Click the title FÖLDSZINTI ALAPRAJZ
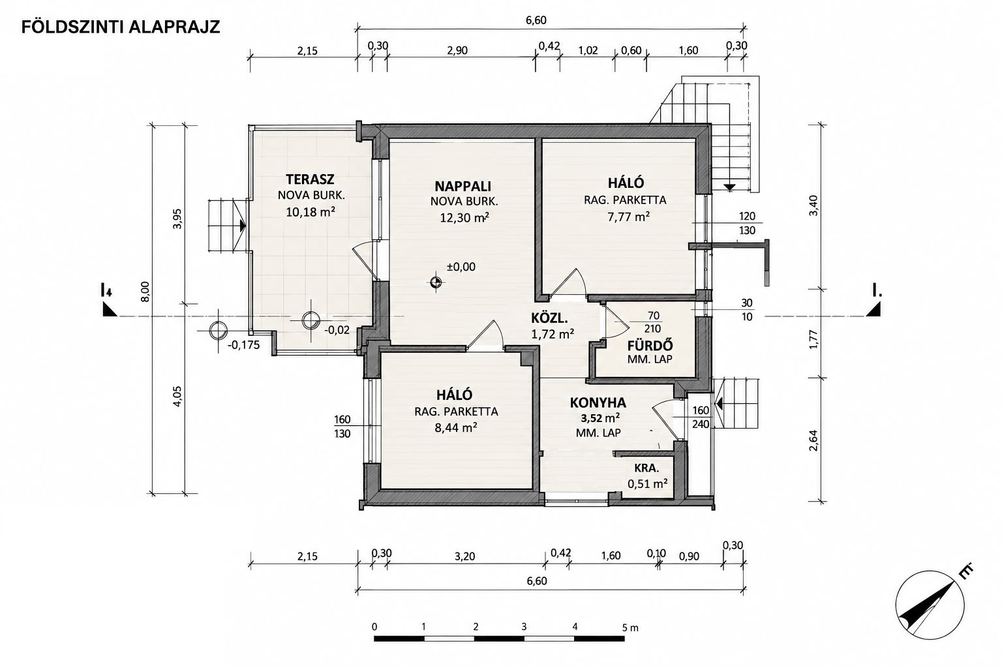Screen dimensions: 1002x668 121,27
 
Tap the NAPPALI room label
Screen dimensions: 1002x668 463,186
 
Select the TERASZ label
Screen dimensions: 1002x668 310,179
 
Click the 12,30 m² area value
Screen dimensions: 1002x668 464,217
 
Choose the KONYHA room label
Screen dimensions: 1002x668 598,402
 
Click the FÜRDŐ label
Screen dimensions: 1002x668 650,346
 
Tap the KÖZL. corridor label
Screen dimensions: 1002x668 549,318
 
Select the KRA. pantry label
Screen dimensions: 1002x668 647,468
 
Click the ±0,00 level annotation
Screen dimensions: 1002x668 461,267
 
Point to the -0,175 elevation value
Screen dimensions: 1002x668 243,345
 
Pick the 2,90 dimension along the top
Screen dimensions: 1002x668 457,50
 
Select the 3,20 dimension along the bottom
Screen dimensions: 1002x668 464,556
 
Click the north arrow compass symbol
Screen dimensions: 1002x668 930,606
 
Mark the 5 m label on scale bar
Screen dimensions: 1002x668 630,628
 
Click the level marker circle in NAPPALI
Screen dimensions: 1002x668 436,282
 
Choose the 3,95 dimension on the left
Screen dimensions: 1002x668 177,219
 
